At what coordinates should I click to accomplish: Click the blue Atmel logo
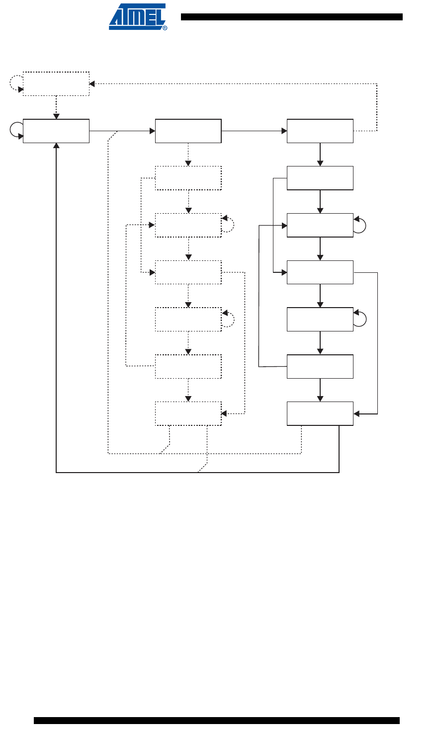click(x=137, y=16)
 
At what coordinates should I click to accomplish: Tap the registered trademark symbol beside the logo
click(x=165, y=28)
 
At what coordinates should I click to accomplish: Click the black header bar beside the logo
click(x=291, y=17)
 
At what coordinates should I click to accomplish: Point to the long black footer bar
click(x=217, y=721)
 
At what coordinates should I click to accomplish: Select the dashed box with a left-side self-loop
click(x=56, y=83)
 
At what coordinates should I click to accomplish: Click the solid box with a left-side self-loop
click(x=56, y=131)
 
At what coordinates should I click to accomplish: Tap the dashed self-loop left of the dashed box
click(x=15, y=83)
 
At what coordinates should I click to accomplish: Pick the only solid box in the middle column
click(x=188, y=131)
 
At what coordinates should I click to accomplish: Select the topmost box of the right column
click(x=320, y=131)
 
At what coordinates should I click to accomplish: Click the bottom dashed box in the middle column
click(x=188, y=413)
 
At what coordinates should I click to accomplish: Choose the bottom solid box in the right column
click(x=320, y=413)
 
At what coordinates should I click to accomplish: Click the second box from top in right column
click(x=320, y=178)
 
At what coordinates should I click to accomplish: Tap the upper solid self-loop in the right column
click(x=361, y=225)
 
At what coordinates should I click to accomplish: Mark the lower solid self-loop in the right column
click(x=361, y=319)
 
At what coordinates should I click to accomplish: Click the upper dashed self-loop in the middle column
click(x=228, y=225)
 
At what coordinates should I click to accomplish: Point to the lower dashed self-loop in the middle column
click(x=228, y=319)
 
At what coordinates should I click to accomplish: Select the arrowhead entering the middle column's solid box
click(x=152, y=131)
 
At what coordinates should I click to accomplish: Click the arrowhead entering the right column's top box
click(x=284, y=131)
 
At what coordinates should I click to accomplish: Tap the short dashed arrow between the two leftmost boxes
click(x=56, y=107)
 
